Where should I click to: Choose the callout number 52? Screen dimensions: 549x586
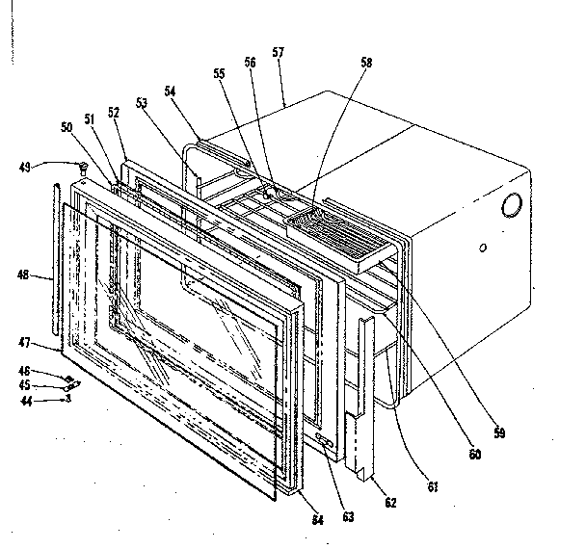pyautogui.click(x=114, y=112)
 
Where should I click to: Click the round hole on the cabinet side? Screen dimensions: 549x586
pyautogui.click(x=512, y=205)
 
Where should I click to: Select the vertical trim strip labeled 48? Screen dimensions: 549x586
pyautogui.click(x=57, y=260)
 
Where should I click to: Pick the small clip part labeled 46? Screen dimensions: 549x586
pyautogui.click(x=68, y=378)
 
